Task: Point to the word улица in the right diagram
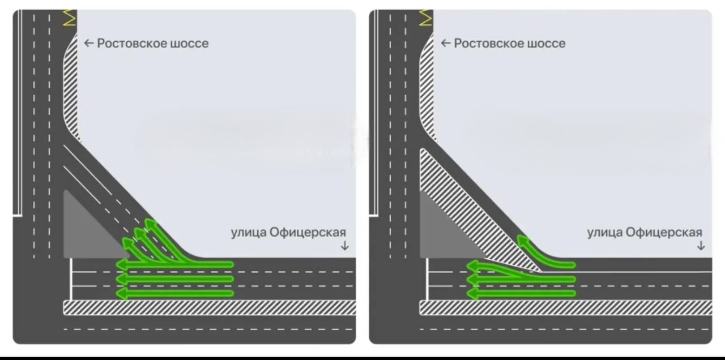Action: click(604, 232)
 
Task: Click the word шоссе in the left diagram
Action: click(189, 43)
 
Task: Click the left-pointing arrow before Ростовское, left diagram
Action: click(88, 43)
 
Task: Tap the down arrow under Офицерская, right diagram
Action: click(701, 246)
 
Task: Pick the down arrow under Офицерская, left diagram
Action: click(344, 246)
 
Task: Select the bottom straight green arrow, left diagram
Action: click(176, 294)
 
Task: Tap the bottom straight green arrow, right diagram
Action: click(521, 294)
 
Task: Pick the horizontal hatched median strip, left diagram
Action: click(210, 307)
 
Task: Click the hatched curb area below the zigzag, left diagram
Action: click(70, 85)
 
